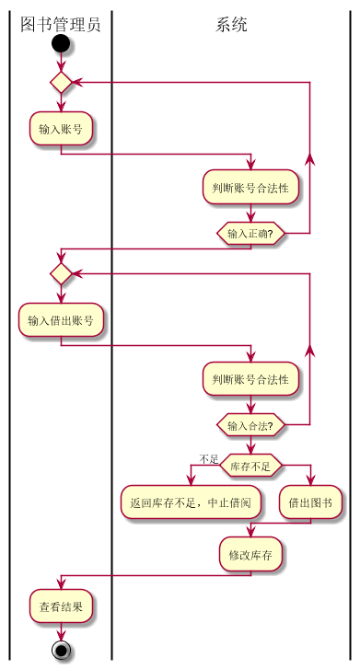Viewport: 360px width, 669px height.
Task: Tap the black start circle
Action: [x=61, y=44]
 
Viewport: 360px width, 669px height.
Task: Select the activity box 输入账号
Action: [x=61, y=129]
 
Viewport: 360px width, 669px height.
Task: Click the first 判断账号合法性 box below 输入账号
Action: [x=250, y=188]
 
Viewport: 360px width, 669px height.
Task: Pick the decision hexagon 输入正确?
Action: [x=250, y=234]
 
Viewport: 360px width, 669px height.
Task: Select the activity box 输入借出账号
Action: [x=61, y=320]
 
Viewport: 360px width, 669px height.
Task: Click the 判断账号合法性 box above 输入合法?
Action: [x=250, y=378]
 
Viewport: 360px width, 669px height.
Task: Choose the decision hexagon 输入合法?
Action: [x=250, y=425]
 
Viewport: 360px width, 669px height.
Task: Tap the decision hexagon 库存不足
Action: [x=250, y=467]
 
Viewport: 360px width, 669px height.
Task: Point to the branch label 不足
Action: [x=208, y=459]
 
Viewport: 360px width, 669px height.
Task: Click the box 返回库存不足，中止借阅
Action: [x=192, y=502]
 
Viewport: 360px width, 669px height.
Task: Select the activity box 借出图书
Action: [x=311, y=502]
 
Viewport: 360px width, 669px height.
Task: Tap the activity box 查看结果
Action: [x=61, y=607]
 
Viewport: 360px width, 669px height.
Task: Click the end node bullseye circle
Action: [x=61, y=651]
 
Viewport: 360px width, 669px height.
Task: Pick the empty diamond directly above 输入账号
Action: [x=61, y=83]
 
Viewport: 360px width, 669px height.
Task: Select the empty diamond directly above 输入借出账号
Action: [x=61, y=273]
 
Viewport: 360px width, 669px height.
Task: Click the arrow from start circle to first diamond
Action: [x=61, y=63]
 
